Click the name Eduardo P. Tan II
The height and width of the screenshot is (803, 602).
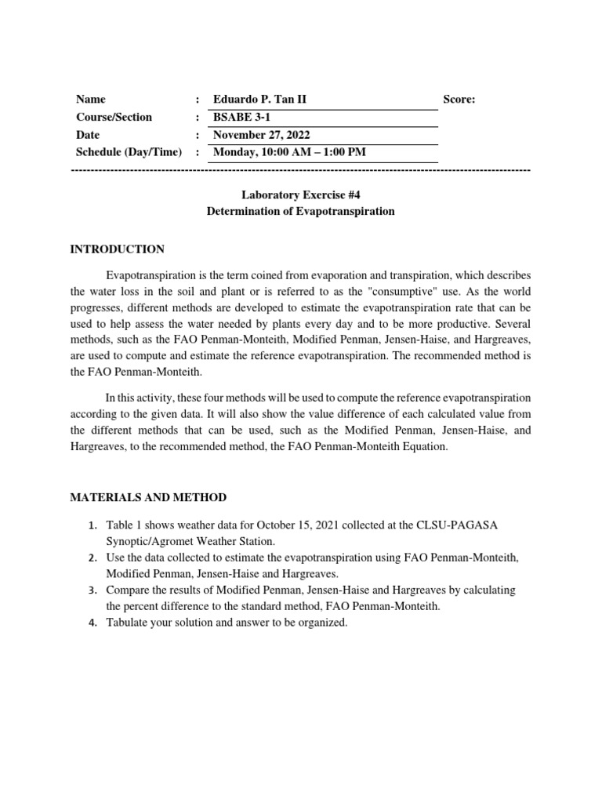(256, 100)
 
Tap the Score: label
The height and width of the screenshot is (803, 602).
(459, 100)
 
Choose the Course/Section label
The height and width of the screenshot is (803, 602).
(114, 117)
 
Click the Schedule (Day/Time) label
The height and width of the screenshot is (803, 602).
(129, 152)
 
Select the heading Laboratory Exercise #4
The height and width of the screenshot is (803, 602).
(300, 194)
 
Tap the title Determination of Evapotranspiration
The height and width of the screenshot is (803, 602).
(300, 212)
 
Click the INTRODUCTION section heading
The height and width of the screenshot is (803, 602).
(118, 249)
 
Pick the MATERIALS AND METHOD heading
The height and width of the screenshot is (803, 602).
(148, 497)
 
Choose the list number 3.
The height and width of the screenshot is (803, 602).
(91, 590)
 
